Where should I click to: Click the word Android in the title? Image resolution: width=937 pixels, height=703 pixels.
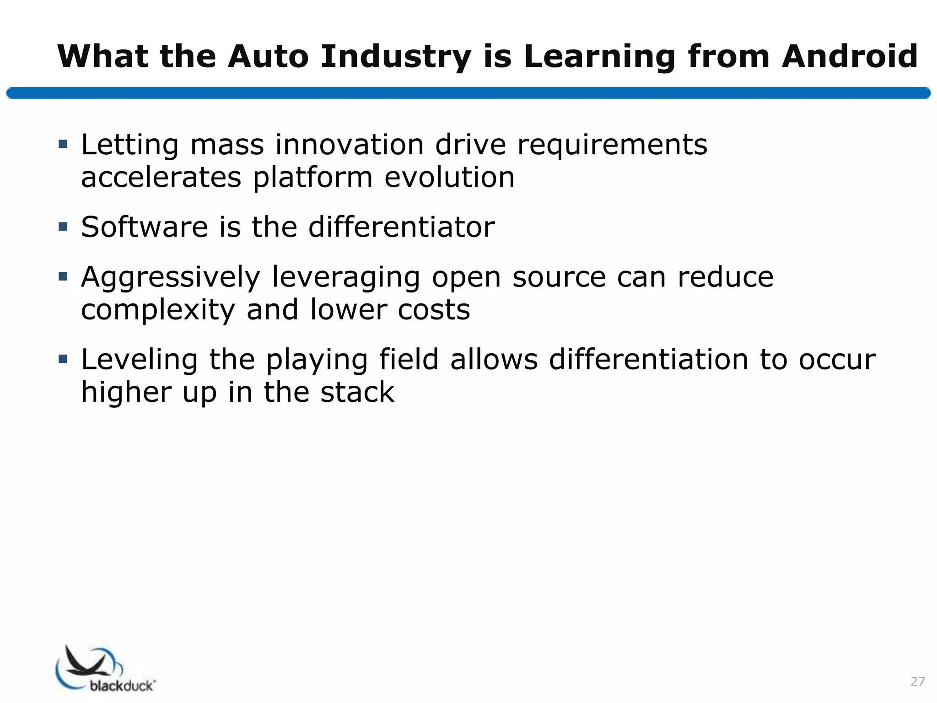(850, 57)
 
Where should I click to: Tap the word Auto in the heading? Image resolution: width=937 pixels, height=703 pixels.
(268, 57)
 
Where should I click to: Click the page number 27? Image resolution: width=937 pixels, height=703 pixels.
(917, 681)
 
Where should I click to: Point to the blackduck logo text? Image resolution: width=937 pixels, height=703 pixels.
(123, 686)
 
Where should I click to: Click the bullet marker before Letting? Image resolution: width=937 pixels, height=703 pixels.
(63, 145)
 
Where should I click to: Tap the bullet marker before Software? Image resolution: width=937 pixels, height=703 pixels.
(63, 227)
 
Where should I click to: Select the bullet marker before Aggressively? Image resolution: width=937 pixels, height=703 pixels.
(63, 276)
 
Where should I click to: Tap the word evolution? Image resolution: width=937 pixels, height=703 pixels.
(449, 178)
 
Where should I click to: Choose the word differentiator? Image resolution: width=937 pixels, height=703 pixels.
(401, 227)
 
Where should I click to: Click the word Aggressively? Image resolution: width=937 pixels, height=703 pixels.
(171, 278)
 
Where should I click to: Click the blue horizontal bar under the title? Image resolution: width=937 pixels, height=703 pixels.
(468, 93)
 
